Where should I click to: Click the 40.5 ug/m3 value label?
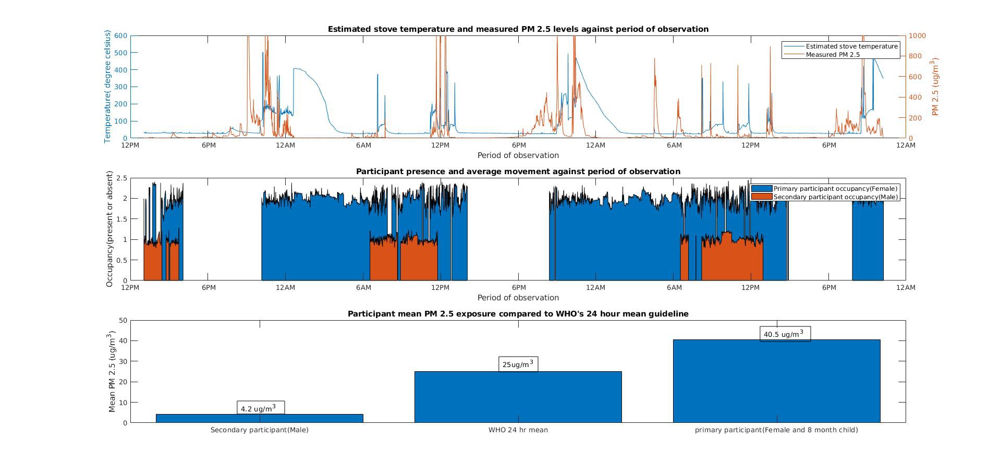(785, 334)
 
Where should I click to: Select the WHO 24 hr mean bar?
(518, 397)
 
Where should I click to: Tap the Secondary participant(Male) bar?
(259, 418)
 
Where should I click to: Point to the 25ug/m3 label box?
(518, 364)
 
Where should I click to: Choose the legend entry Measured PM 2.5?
(833, 55)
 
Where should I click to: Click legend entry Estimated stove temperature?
(851, 46)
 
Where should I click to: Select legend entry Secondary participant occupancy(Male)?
(835, 197)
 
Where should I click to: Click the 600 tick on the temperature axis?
(121, 35)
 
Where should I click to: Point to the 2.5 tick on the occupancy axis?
(122, 178)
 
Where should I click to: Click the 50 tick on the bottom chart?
(123, 320)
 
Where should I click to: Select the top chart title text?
(518, 29)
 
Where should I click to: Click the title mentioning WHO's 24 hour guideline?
(518, 314)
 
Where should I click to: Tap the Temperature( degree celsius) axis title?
(108, 87)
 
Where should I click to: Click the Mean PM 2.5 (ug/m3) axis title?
(112, 371)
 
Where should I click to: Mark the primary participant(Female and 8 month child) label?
(776, 430)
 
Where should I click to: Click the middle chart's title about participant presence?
(518, 172)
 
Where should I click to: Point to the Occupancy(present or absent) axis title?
(109, 229)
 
